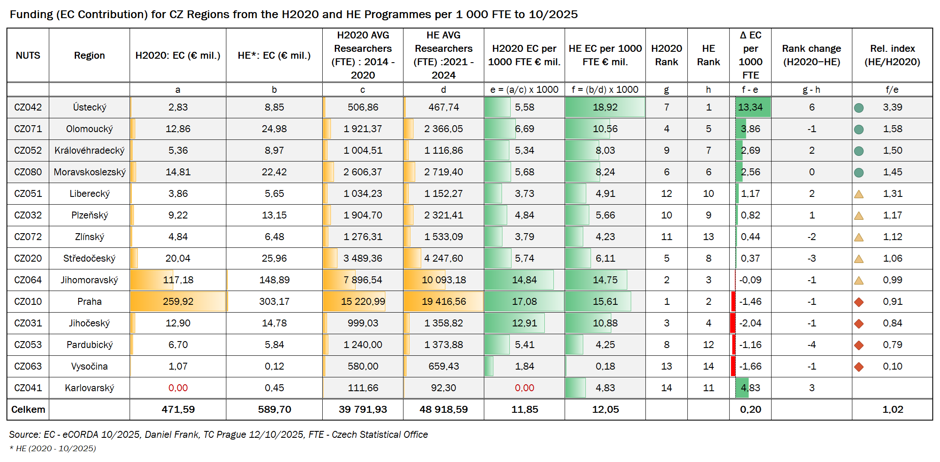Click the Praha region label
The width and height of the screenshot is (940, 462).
(x=89, y=301)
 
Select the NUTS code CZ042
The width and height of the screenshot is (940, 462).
(x=28, y=107)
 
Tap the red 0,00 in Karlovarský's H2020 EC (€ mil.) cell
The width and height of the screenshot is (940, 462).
(x=178, y=388)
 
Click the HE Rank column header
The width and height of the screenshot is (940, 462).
(x=708, y=55)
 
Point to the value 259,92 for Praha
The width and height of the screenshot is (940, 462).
(x=178, y=301)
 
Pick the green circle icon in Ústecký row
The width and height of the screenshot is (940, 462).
(x=859, y=108)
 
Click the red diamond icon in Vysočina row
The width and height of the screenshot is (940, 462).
(x=859, y=367)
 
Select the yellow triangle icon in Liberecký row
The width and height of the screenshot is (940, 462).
(x=859, y=194)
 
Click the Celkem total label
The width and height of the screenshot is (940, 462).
(x=28, y=409)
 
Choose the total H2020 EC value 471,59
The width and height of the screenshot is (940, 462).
(x=178, y=409)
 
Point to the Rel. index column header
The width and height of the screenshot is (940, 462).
(x=892, y=55)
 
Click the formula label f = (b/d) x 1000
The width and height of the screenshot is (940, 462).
(x=605, y=89)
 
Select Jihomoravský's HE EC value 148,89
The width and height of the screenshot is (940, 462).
(x=274, y=280)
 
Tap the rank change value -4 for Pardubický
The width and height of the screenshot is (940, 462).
(x=811, y=345)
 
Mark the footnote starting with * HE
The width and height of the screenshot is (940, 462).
(x=53, y=448)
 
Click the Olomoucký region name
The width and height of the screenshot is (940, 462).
(x=89, y=129)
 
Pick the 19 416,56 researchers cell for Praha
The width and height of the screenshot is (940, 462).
(x=444, y=301)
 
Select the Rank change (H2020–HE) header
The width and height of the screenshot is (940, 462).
(x=811, y=55)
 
